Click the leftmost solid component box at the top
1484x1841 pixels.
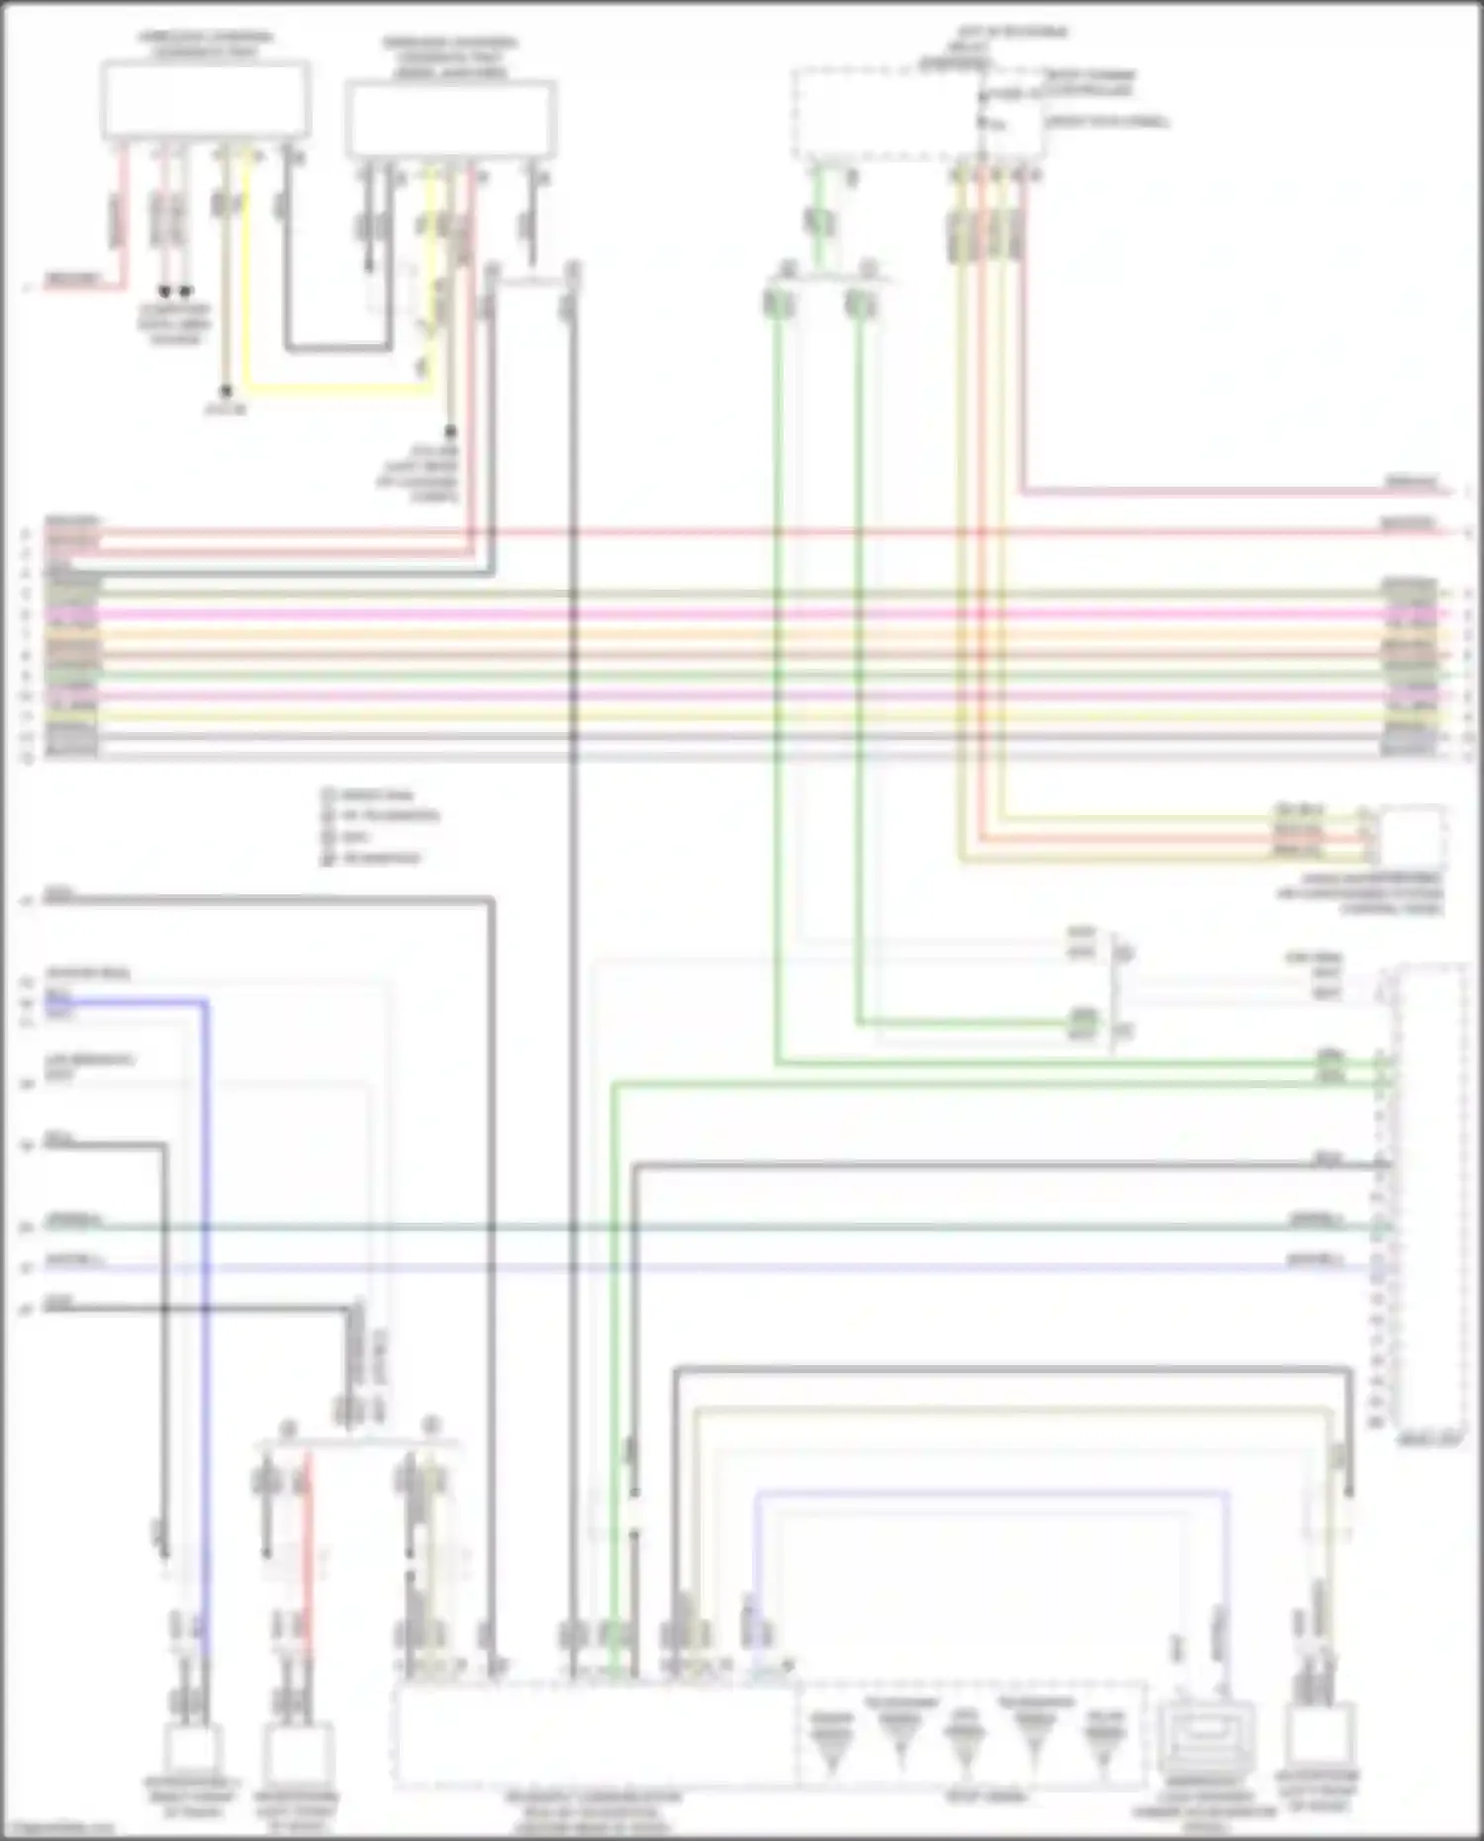click(x=205, y=100)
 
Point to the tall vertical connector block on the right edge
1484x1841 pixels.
click(x=1430, y=1197)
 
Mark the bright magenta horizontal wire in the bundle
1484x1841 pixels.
click(x=742, y=613)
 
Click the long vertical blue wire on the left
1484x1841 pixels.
click(x=207, y=1286)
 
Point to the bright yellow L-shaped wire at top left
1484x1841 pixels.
click(x=336, y=387)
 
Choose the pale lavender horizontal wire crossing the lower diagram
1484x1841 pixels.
click(x=742, y=1267)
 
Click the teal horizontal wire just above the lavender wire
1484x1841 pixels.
click(x=742, y=1228)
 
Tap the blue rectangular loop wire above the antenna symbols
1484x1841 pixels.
click(x=989, y=1493)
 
